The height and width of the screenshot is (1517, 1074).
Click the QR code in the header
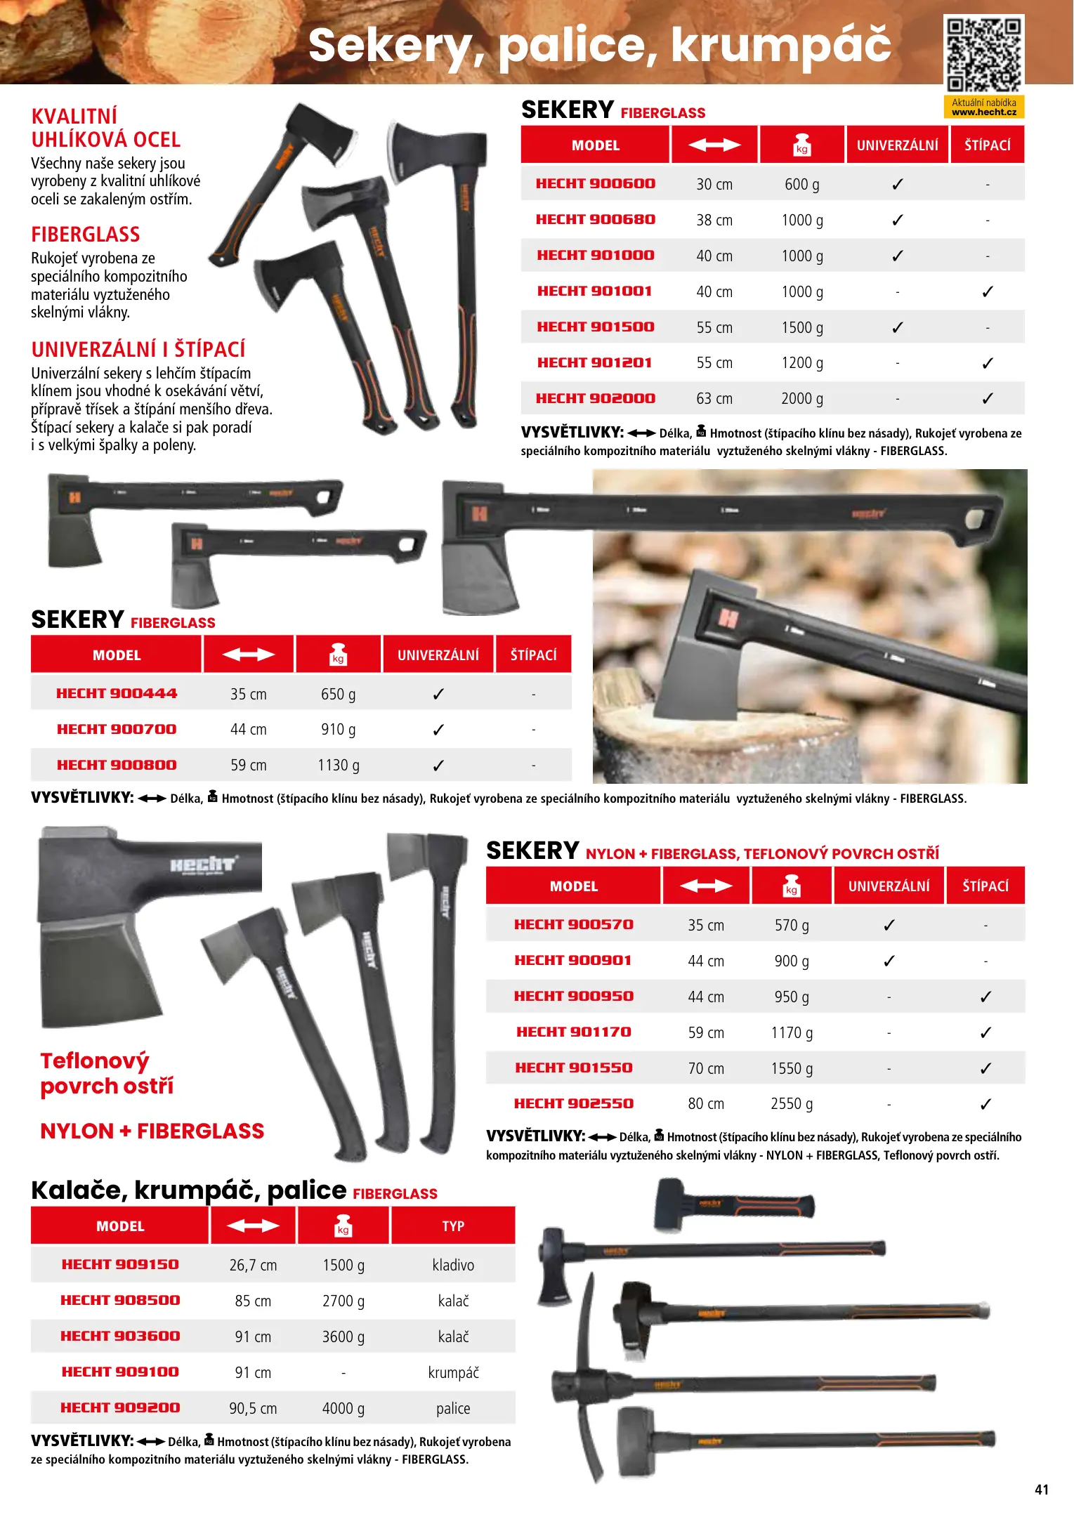(x=983, y=53)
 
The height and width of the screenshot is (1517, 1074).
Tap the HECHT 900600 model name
(x=595, y=184)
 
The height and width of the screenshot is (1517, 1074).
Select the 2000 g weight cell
(x=801, y=399)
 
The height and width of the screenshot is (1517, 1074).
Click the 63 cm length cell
(x=714, y=399)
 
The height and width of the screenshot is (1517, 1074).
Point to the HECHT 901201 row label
(x=594, y=363)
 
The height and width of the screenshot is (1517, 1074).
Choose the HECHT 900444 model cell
(x=117, y=694)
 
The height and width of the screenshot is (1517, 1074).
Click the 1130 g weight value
(x=338, y=766)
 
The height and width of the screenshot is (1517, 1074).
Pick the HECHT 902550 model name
(x=573, y=1104)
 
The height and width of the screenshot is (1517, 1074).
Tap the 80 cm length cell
(x=705, y=1104)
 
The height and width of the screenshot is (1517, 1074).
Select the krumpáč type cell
(x=453, y=1373)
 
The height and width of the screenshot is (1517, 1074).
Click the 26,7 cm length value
(x=253, y=1266)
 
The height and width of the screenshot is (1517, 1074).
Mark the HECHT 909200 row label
(x=120, y=1408)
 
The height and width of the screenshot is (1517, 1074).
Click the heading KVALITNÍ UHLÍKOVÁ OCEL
(x=106, y=128)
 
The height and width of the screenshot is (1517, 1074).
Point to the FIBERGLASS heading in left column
(x=86, y=235)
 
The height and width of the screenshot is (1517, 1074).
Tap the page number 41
(x=1041, y=1490)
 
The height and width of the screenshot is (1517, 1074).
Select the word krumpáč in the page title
(x=780, y=46)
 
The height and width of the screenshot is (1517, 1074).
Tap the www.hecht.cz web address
(x=983, y=112)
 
